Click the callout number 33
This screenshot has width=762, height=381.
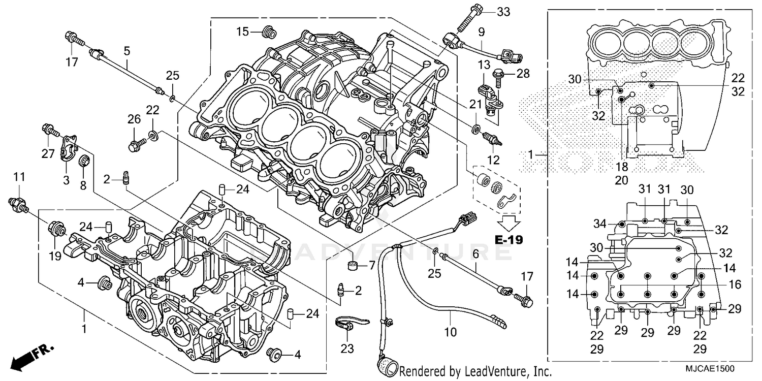(503, 11)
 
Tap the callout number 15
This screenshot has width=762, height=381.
(242, 31)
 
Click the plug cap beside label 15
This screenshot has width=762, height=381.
(269, 33)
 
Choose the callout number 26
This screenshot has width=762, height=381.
(134, 119)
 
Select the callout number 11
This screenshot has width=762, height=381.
(19, 177)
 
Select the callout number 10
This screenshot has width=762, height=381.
(450, 332)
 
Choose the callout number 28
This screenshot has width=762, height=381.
(523, 73)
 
